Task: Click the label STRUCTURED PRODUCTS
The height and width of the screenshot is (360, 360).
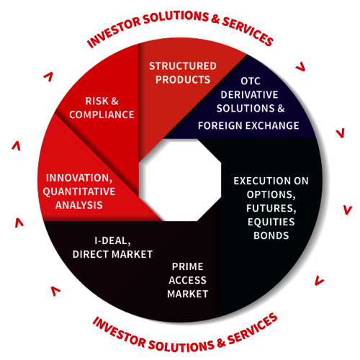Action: (x=183, y=73)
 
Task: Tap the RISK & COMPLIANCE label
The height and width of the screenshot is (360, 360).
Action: (x=102, y=108)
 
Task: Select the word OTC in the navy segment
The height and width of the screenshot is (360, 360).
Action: (x=251, y=81)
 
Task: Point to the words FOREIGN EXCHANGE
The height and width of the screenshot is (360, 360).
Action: (x=248, y=125)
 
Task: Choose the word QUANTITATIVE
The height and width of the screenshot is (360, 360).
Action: (x=79, y=192)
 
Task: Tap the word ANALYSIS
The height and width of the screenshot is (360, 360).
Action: (x=79, y=205)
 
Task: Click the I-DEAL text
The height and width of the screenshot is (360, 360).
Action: (x=112, y=240)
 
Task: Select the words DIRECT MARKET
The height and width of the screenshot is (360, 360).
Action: (x=112, y=254)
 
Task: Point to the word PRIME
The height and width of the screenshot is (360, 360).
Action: (x=187, y=266)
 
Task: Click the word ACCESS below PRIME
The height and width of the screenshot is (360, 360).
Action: (x=187, y=280)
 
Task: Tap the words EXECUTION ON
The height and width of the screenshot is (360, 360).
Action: (x=271, y=181)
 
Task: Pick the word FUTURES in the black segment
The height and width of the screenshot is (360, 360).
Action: (x=271, y=208)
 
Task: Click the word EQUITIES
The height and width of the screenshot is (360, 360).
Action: (x=271, y=222)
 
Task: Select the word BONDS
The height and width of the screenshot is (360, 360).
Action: (x=271, y=235)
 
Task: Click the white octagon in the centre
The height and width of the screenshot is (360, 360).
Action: (x=180, y=180)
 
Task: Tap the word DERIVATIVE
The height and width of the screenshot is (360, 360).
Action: (x=249, y=95)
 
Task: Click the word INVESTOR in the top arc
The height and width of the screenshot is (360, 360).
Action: (x=113, y=32)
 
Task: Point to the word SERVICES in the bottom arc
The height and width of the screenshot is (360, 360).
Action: (x=252, y=329)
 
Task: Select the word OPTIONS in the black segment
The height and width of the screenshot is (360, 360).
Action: (x=271, y=194)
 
